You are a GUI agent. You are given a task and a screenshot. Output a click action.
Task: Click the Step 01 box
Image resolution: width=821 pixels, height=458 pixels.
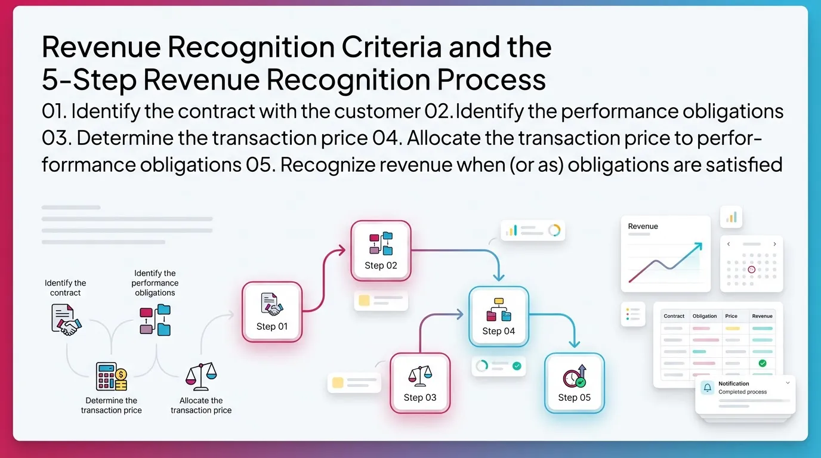pos(272,311)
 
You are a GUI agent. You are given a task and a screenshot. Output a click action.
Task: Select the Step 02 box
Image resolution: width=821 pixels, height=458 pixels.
pos(381,250)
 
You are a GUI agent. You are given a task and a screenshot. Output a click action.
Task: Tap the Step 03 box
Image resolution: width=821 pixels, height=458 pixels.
pos(420,383)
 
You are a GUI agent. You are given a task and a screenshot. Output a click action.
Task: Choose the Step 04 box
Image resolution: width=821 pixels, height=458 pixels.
pos(499,316)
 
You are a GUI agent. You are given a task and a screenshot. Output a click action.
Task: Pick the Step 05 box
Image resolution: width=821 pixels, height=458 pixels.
pos(575,383)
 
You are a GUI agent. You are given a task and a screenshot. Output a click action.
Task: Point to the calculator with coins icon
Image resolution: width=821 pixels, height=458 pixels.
pos(112,376)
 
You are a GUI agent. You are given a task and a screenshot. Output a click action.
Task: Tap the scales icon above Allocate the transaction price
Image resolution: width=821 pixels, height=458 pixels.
pos(200,376)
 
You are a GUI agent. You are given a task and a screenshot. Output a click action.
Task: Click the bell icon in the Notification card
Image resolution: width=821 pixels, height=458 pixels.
pos(708,388)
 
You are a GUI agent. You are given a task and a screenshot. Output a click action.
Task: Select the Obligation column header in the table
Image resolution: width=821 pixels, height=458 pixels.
pos(705,316)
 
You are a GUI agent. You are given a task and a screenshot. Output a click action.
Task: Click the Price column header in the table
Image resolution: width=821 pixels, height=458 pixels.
pos(732,316)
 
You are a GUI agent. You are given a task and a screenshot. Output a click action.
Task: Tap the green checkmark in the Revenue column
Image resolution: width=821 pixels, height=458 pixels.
pos(762,363)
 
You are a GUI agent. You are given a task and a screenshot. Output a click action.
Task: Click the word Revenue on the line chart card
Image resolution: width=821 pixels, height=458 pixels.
pos(643,227)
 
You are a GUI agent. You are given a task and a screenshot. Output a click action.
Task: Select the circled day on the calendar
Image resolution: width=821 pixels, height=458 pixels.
pos(751,270)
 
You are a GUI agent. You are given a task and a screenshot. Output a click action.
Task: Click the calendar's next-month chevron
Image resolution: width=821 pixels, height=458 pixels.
pos(774,244)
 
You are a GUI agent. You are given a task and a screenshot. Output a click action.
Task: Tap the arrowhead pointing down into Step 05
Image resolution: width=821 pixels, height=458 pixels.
pos(574,343)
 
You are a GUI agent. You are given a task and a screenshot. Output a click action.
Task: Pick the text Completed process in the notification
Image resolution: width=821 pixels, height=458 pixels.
pos(742,392)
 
